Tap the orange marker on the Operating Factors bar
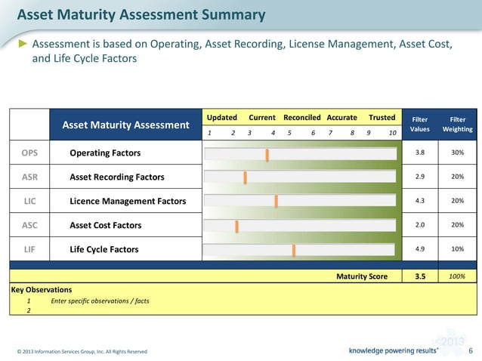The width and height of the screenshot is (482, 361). pos(267,154)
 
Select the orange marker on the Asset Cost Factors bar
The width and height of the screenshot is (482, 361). pos(236,226)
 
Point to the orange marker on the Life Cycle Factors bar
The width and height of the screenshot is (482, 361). pos(294,250)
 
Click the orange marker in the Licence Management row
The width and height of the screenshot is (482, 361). pos(276,202)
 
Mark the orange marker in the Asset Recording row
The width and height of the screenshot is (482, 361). pos(245,177)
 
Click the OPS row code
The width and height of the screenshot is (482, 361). pos(29,153)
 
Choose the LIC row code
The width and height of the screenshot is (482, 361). pos(29,202)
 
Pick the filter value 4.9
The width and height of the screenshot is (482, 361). pos(420,250)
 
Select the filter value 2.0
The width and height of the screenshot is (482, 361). pos(420,226)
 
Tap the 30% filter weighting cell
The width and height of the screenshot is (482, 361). pos(457,153)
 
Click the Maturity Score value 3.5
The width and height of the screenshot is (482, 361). pos(420,276)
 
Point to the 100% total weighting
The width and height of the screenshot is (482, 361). pos(457,276)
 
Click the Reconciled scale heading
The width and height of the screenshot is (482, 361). pos(301,118)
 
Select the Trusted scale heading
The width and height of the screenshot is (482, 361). pos(382,118)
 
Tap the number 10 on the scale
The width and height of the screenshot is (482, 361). pos(392,132)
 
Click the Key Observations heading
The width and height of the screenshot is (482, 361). pos(42,289)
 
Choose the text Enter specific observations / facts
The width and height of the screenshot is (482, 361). pos(100,301)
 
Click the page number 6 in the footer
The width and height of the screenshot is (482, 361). pos(470,350)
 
